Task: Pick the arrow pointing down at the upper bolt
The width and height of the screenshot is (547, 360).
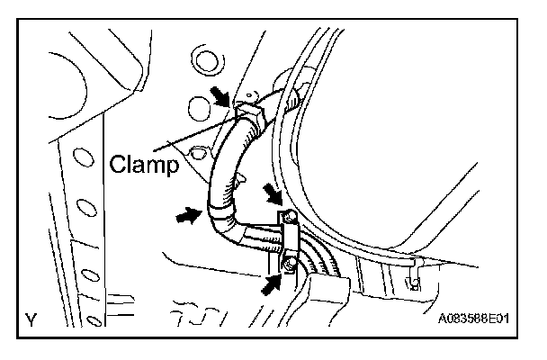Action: [273, 193]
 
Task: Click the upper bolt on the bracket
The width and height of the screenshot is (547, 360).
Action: [288, 217]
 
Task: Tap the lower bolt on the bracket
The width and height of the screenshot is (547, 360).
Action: [288, 264]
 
